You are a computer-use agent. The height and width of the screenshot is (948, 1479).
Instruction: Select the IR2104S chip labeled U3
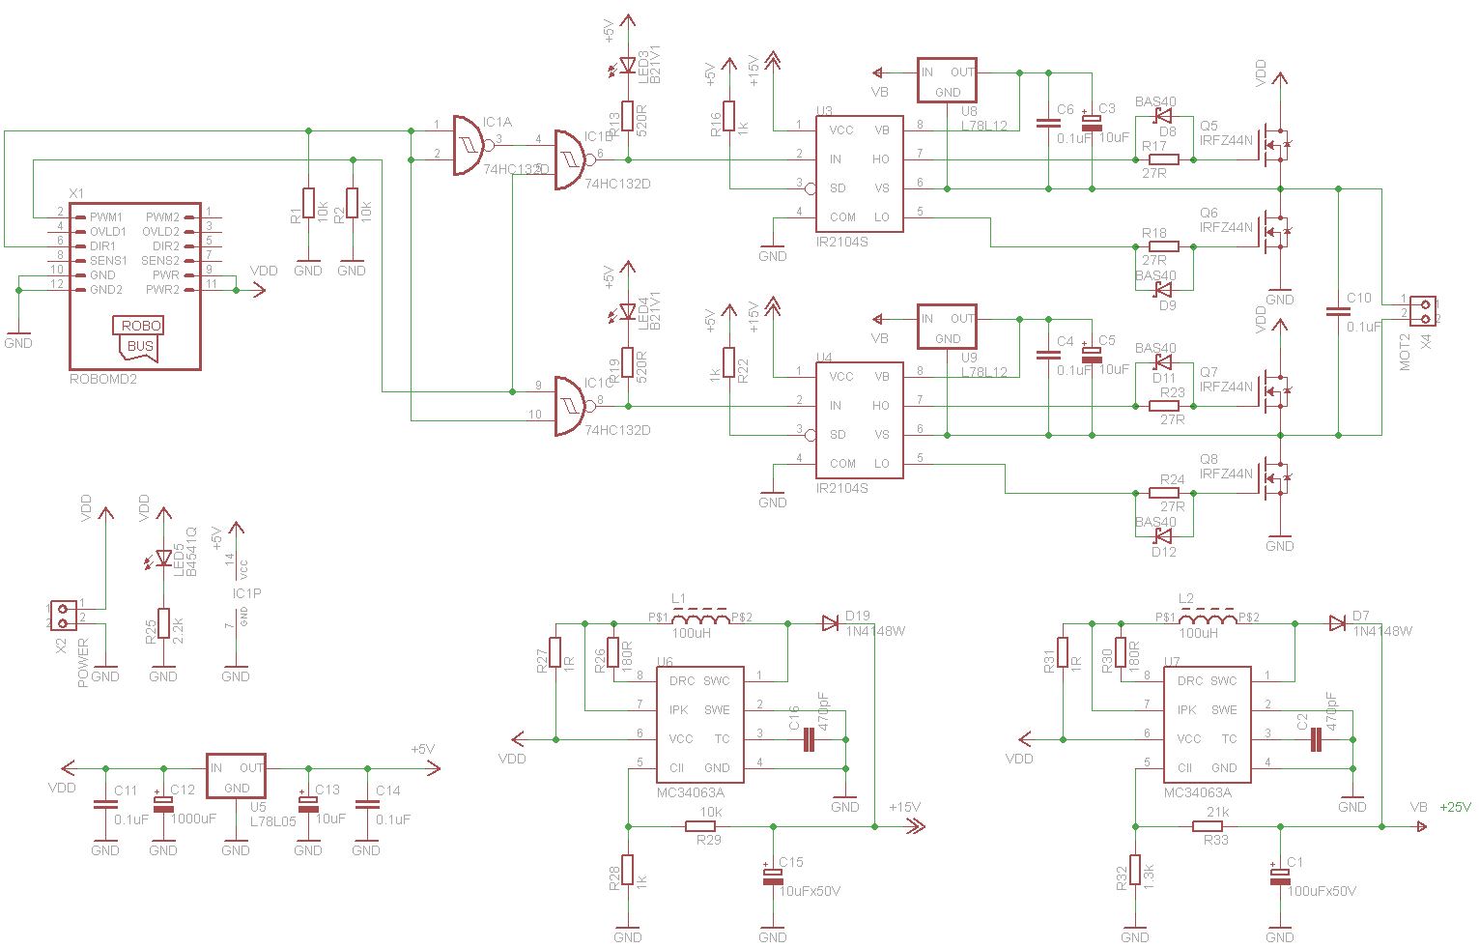pyautogui.click(x=859, y=174)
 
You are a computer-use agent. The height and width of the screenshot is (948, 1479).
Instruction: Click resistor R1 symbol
pyautogui.click(x=308, y=203)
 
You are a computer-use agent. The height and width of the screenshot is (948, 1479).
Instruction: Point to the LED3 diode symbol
pyautogui.click(x=627, y=66)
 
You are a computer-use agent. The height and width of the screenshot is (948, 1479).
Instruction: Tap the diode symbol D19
pyautogui.click(x=831, y=623)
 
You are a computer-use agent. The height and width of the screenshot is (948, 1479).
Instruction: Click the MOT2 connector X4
pyautogui.click(x=1422, y=311)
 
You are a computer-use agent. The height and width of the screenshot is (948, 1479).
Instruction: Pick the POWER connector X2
pyautogui.click(x=63, y=616)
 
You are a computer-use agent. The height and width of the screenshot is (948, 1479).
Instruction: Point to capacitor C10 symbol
pyautogui.click(x=1338, y=311)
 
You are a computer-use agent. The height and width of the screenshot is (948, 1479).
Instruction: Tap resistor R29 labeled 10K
pyautogui.click(x=699, y=826)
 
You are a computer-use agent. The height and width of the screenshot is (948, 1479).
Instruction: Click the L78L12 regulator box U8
pyautogui.click(x=947, y=81)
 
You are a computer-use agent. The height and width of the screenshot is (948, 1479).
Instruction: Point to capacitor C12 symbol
pyautogui.click(x=163, y=802)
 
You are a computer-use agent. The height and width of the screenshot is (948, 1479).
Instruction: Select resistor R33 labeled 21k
pyautogui.click(x=1207, y=826)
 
